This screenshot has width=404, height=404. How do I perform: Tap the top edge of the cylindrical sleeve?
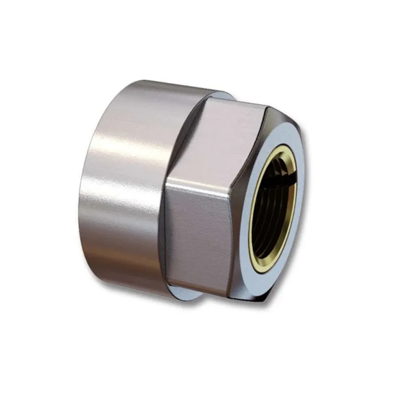coord(162,83)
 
